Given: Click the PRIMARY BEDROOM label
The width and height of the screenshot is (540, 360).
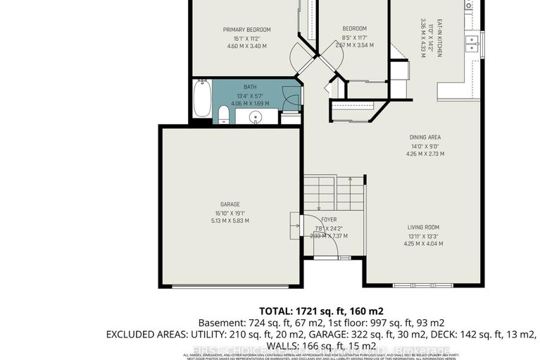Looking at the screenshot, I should point(246,30).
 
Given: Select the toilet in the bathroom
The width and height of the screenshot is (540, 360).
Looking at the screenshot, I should point(222,115).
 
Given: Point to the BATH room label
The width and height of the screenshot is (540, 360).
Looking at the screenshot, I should point(250,87).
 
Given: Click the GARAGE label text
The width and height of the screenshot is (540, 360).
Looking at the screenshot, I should point(232,205).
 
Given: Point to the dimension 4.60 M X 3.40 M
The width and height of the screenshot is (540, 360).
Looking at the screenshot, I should point(246,46).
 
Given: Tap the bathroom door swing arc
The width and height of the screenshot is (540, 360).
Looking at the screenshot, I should point(289,97).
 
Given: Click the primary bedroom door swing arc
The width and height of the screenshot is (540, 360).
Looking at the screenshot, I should point(303,56).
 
